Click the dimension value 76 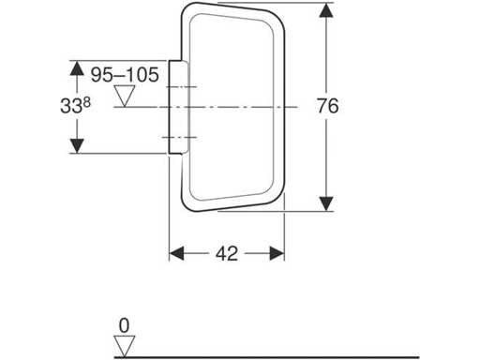[x=328, y=106]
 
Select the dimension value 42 [x=227, y=253]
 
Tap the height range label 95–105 [x=125, y=75]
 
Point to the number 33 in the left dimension [x=71, y=106]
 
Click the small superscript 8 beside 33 [x=87, y=102]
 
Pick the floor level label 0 [x=124, y=326]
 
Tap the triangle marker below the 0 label [x=125, y=347]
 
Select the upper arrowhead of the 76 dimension [x=326, y=10]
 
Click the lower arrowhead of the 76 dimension [x=326, y=203]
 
